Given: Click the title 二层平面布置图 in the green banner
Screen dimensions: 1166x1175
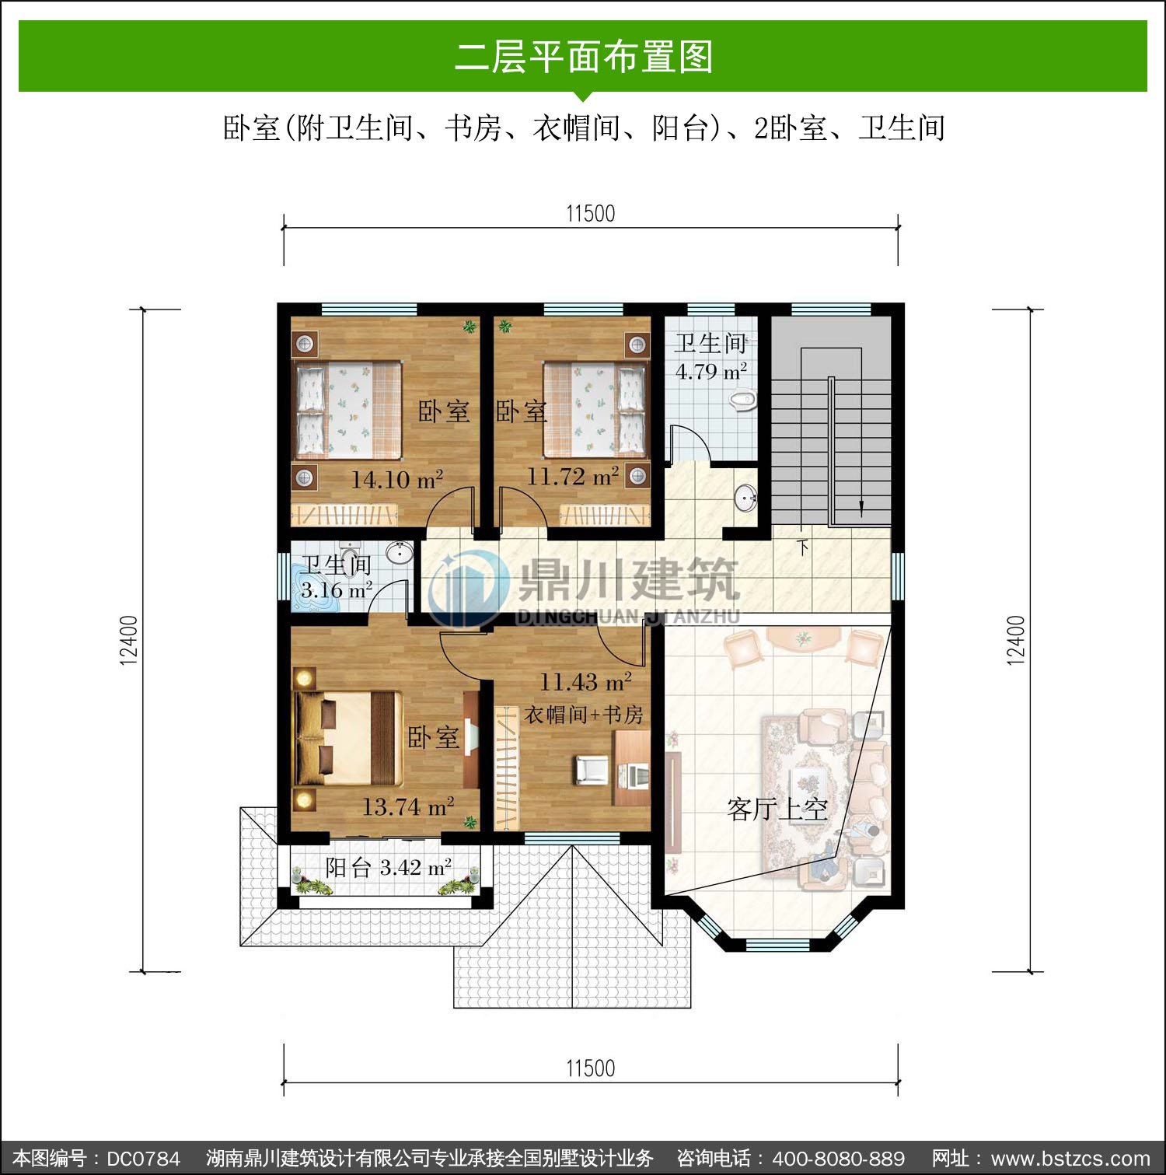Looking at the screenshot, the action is tap(583, 57).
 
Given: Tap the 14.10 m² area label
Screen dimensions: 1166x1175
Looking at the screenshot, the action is tap(397, 479).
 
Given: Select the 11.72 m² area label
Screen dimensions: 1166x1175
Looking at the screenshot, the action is tap(573, 475).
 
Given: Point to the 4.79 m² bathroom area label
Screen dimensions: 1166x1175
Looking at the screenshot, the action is tap(711, 371).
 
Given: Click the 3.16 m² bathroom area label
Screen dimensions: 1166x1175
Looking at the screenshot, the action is tap(336, 589).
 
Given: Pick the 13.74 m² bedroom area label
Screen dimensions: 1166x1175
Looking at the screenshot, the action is tap(408, 806).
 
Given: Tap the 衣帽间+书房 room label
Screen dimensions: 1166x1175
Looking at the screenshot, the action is tap(584, 714).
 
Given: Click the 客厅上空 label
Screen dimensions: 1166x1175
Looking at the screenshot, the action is tap(777, 810).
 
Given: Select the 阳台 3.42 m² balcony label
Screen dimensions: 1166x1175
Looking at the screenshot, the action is tap(389, 867).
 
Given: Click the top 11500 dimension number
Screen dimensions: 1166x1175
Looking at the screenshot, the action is tap(590, 213).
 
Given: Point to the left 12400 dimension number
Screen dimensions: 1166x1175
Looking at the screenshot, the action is tap(128, 640).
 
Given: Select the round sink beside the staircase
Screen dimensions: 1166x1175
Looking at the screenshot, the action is tap(745, 498).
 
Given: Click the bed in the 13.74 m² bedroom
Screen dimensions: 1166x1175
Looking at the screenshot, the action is tap(347, 737).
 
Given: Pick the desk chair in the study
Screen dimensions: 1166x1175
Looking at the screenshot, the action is tap(591, 769).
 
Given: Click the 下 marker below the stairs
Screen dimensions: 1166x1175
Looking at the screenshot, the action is tap(803, 546).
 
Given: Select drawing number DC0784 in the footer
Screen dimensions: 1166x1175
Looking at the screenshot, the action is tap(143, 1159).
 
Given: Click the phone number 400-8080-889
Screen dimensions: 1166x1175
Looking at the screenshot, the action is tap(839, 1159).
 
